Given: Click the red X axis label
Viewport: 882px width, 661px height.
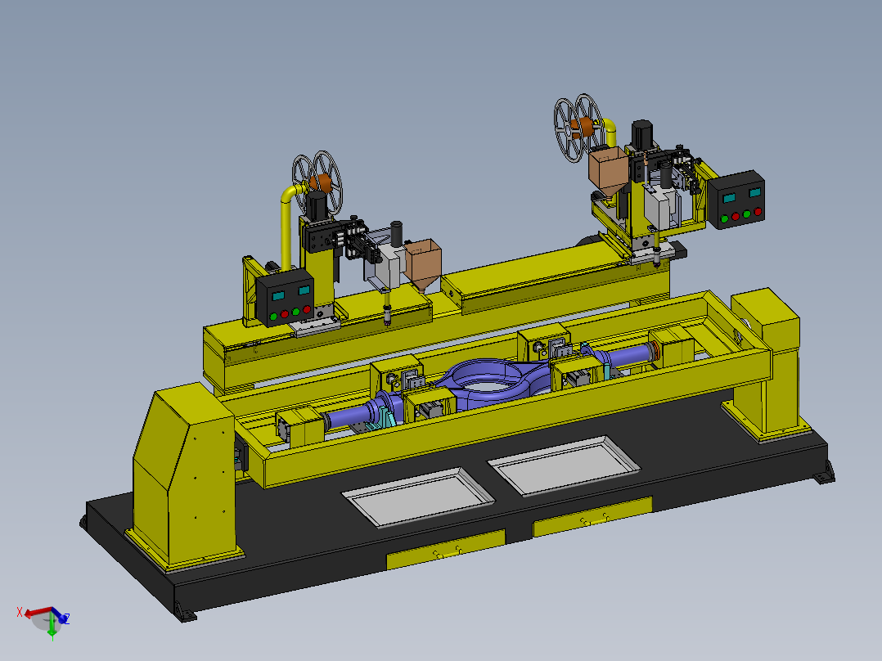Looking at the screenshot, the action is [x=20, y=612].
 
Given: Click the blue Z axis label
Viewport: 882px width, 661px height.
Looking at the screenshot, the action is [x=66, y=618].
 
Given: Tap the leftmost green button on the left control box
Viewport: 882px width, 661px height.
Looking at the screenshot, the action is [x=273, y=317].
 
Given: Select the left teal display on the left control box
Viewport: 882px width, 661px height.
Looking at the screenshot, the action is [x=278, y=295].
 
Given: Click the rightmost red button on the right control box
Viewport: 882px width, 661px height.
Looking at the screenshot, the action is [x=758, y=212].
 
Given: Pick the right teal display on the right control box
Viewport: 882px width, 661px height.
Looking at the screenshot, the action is [x=755, y=192].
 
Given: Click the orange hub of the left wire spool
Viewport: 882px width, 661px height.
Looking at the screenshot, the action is [x=322, y=182].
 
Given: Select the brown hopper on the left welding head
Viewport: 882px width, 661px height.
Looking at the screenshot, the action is [x=423, y=264].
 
